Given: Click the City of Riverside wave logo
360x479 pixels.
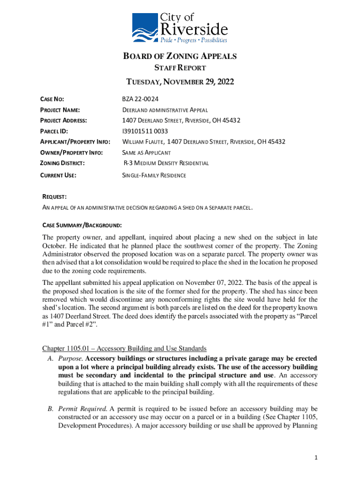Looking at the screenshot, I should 145,28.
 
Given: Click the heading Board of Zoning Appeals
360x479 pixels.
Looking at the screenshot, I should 180,57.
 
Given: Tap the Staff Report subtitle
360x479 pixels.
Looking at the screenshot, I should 180,68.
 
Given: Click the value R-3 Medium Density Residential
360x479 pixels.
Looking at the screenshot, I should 166,163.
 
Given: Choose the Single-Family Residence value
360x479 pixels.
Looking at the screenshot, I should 154,175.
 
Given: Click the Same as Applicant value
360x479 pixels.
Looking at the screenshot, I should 146,152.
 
